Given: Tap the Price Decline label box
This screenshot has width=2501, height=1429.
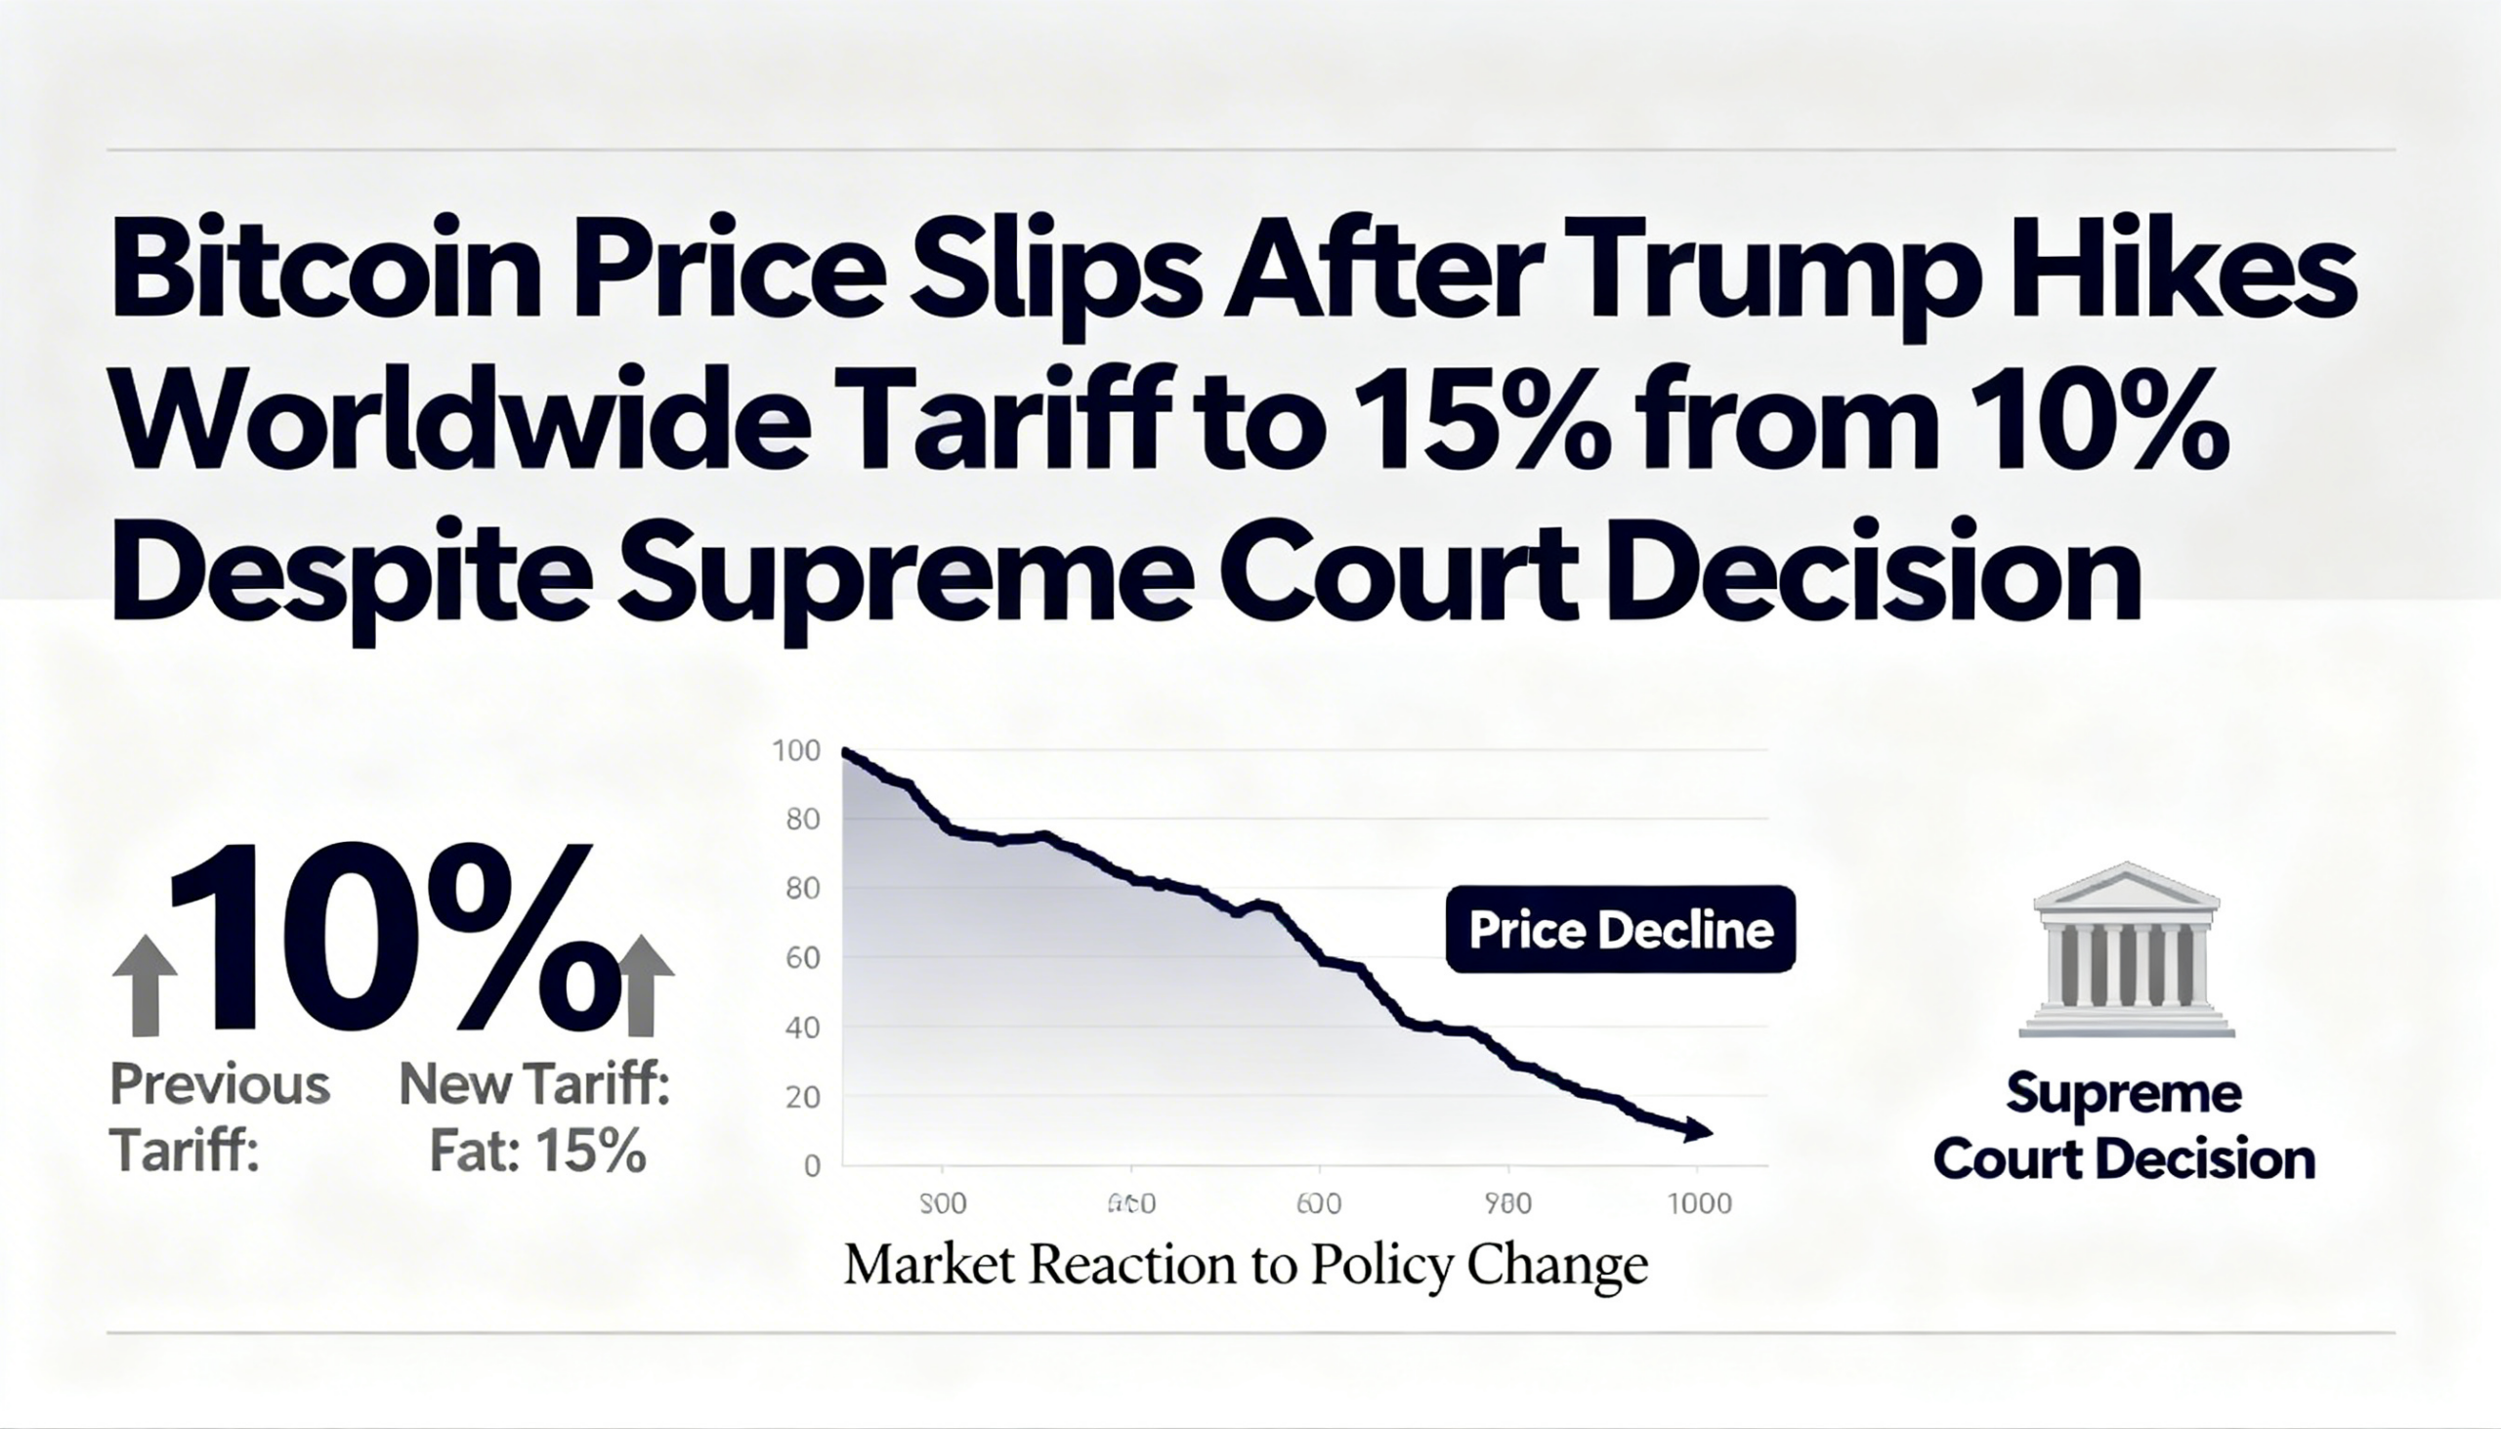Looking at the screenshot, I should pyautogui.click(x=1621, y=931).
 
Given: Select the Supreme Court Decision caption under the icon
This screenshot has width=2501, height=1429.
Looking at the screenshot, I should pyautogui.click(x=2124, y=1127).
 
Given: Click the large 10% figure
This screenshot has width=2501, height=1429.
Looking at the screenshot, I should pyautogui.click(x=393, y=938).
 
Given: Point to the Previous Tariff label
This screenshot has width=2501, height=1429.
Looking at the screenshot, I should pyautogui.click(x=219, y=1116).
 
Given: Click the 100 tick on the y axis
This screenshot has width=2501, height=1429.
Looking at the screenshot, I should pyautogui.click(x=796, y=752).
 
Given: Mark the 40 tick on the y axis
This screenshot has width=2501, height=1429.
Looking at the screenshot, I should pyautogui.click(x=802, y=1029).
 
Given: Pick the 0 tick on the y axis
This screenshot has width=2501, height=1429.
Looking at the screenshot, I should pyautogui.click(x=812, y=1166).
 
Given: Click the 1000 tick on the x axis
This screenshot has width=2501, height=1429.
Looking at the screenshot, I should pyautogui.click(x=1699, y=1203).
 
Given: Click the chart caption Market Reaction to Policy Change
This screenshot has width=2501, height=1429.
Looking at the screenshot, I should pyautogui.click(x=1245, y=1266).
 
